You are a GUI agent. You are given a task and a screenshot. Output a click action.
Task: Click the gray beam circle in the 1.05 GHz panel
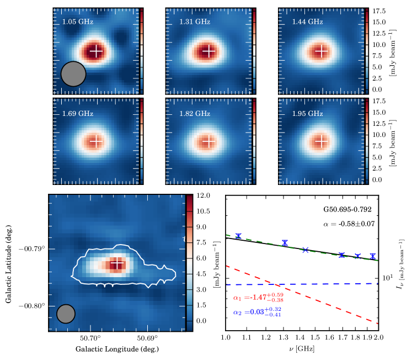click(73, 74)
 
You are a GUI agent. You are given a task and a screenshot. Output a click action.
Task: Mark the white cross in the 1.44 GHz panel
click(322, 51)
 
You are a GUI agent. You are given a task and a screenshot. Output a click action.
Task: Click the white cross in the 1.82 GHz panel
click(208, 141)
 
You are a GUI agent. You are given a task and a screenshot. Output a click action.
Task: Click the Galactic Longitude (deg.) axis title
click(119, 349)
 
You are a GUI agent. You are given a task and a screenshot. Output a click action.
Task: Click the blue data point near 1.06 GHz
click(238, 236)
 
